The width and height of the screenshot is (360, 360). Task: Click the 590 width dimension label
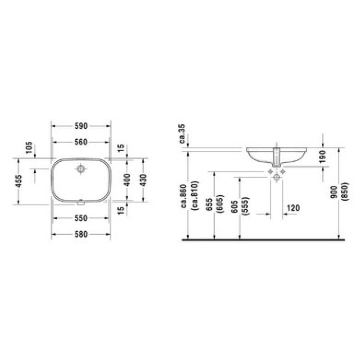pyautogui.click(x=81, y=126)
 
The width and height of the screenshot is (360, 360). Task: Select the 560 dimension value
pyautogui.click(x=81, y=142)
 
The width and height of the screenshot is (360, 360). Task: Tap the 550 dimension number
pyautogui.click(x=81, y=218)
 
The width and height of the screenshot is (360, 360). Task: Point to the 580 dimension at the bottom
pyautogui.click(x=81, y=234)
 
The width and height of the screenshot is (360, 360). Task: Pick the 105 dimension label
pyautogui.click(x=29, y=148)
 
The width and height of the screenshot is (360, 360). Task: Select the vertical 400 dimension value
pyautogui.click(x=127, y=180)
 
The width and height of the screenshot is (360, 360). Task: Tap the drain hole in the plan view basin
pyautogui.click(x=81, y=169)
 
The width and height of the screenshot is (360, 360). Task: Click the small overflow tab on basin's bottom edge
pyautogui.click(x=81, y=203)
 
